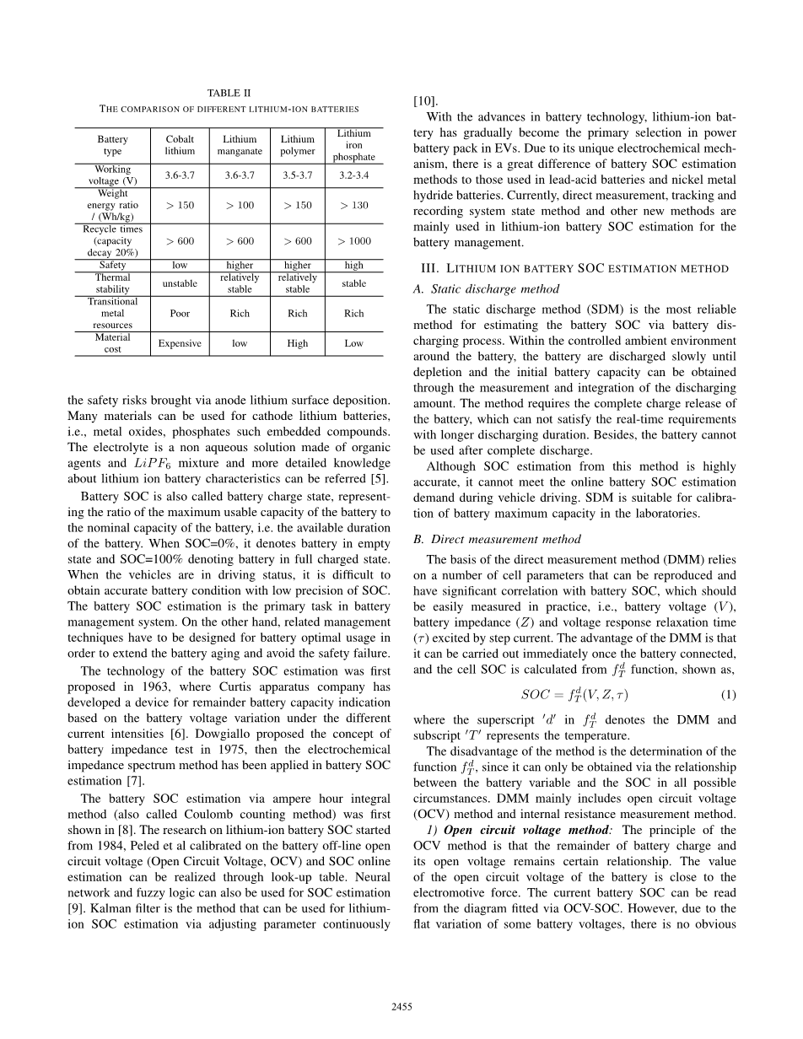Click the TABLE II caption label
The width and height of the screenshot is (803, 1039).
[x=229, y=93]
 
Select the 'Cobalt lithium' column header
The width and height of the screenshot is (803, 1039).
[x=180, y=145]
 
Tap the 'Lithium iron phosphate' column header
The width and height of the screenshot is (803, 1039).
[x=353, y=145]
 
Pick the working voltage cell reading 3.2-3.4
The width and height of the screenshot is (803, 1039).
[x=353, y=175]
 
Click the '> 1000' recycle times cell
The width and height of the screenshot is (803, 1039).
[x=353, y=241]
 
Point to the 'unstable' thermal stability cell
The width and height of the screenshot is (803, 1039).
[x=180, y=283]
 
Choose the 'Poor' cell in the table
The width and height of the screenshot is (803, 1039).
[x=180, y=313]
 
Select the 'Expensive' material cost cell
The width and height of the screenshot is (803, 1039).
[x=180, y=343]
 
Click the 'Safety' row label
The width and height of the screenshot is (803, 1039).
[x=112, y=265]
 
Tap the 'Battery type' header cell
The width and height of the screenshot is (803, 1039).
[x=112, y=145]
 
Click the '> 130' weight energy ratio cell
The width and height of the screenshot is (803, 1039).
[x=353, y=205]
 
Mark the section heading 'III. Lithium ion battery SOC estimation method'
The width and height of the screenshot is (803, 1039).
[x=574, y=268]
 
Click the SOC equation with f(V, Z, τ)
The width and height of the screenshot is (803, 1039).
[x=574, y=695]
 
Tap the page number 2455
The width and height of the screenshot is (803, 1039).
[x=401, y=1006]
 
